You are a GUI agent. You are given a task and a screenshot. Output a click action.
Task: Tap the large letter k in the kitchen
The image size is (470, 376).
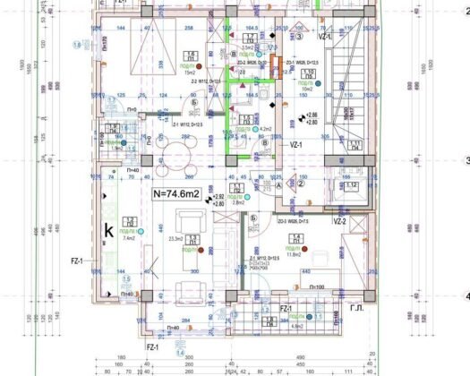(x=108, y=230)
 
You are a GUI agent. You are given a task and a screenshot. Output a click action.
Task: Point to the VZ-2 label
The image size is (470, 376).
(x=340, y=221)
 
